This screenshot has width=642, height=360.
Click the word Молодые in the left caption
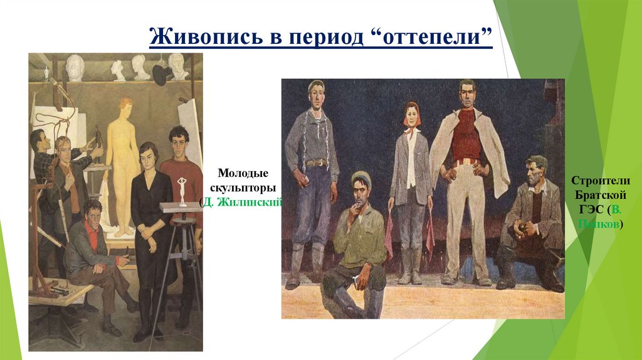coord(243,172)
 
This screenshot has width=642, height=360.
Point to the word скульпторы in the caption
coord(243,187)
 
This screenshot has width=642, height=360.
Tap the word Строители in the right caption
coord(598,180)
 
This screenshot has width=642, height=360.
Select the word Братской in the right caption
coord(598,194)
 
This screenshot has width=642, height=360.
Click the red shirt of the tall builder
coord(466,135)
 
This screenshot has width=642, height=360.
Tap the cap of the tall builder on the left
coord(317,85)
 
